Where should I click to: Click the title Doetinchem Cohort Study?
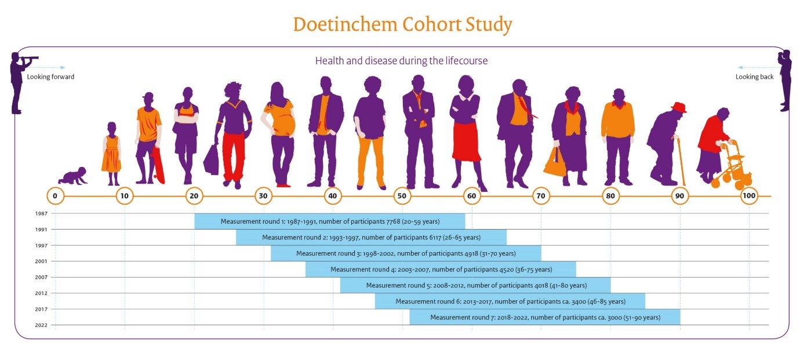pos(402,25)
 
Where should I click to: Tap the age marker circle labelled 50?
pos(402,196)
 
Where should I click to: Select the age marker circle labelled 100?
pos(749,196)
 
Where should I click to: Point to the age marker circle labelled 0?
pos(54,196)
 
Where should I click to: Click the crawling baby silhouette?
pos(73,177)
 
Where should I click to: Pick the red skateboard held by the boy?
pos(159,166)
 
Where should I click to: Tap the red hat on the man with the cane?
pos(678,108)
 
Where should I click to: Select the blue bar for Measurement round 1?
pos(329,221)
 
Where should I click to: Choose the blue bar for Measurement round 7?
pos(544,317)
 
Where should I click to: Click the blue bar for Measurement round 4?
pos(441,269)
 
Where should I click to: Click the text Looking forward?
pos(50,77)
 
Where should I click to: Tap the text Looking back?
pos(754,77)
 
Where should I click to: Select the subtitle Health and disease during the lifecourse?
pos(401,61)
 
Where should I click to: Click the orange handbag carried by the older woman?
pos(555,164)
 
